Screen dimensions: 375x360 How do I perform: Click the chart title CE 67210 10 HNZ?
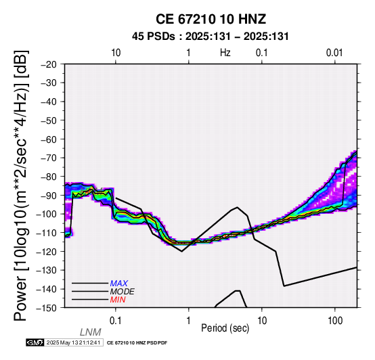pyautogui.click(x=211, y=19)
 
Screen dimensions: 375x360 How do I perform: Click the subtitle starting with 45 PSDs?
pyautogui.click(x=211, y=37)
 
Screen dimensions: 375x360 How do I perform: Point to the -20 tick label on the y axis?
pyautogui.click(x=49, y=64)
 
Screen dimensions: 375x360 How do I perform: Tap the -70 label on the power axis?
pyautogui.click(x=49, y=158)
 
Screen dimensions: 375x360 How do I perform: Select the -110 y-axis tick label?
pyautogui.click(x=47, y=233)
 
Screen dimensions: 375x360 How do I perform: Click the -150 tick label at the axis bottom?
pyautogui.click(x=47, y=308)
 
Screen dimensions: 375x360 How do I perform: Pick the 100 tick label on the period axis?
pyautogui.click(x=335, y=321)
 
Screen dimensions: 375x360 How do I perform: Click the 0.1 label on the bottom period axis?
pyautogui.click(x=116, y=321)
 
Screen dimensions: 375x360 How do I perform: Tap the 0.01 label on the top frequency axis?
pyautogui.click(x=334, y=53)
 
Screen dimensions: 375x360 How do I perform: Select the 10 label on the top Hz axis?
pyautogui.click(x=116, y=53)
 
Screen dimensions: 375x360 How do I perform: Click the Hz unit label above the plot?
pyautogui.click(x=225, y=53)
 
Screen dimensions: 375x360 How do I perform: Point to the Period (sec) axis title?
pyautogui.click(x=225, y=328)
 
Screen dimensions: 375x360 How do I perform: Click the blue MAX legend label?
pyautogui.click(x=119, y=284)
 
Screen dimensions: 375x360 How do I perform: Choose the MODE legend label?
pyautogui.click(x=123, y=292)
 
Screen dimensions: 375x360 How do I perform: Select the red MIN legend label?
pyautogui.click(x=118, y=300)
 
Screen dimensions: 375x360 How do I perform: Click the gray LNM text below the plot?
pyautogui.click(x=91, y=332)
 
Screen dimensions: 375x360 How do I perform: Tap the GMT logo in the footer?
pyautogui.click(x=35, y=342)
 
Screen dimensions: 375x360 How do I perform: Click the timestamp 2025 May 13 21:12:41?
pyautogui.click(x=73, y=343)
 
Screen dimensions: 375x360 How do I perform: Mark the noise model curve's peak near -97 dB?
pyautogui.click(x=237, y=207)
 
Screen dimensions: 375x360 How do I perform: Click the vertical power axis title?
pyautogui.click(x=21, y=185)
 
